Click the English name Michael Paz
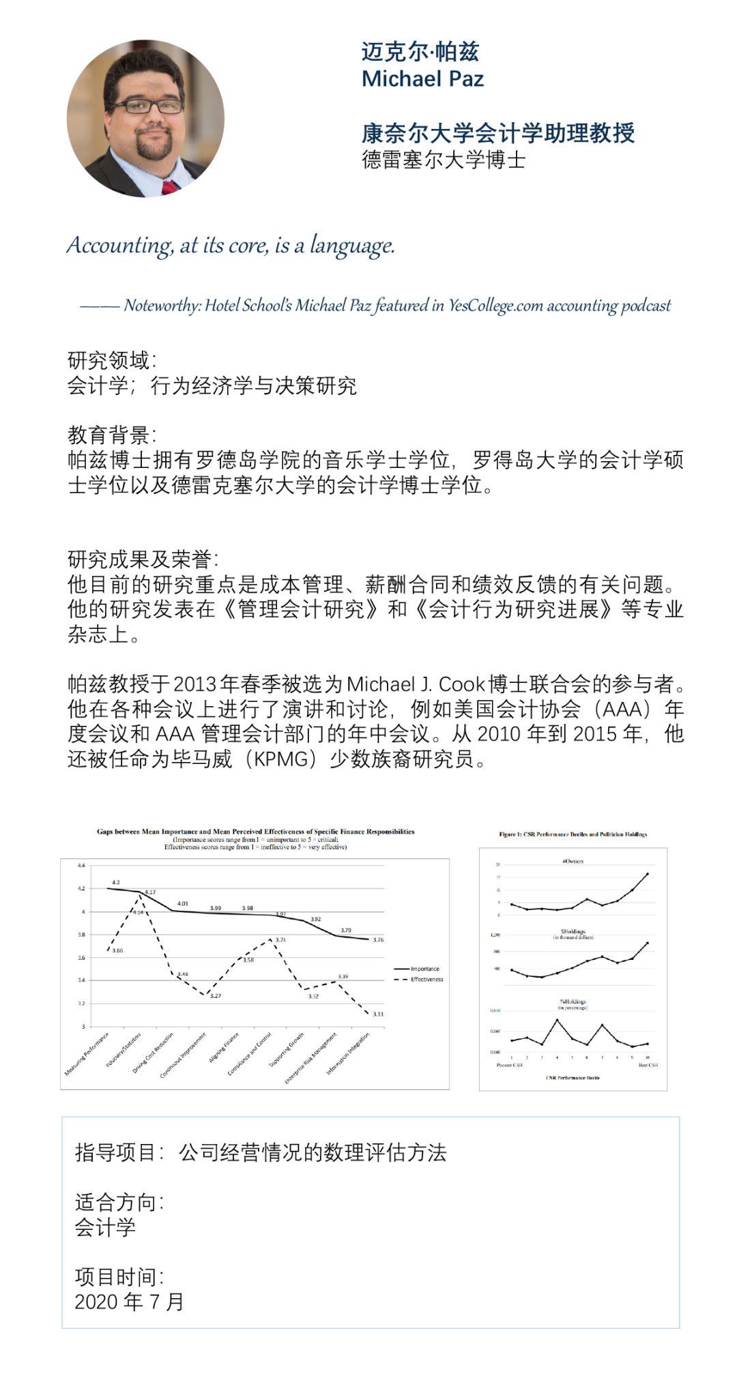[422, 79]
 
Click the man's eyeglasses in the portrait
[145, 106]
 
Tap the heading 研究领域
[111, 360]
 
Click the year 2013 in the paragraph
[195, 684]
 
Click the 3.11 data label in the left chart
[378, 1014]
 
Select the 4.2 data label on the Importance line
[116, 882]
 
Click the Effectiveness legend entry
[427, 980]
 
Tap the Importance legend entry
[424, 969]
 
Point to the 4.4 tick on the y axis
[81, 866]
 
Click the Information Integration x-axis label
[349, 1055]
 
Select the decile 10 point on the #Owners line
[647, 874]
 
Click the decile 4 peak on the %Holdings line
[557, 1020]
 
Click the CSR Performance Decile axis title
[573, 1078]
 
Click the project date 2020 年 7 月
[130, 1302]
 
